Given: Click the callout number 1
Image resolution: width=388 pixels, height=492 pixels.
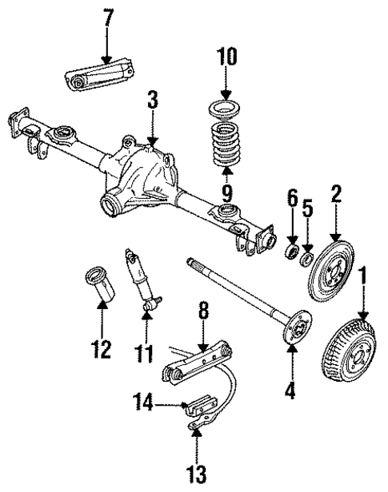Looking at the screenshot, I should (365, 280).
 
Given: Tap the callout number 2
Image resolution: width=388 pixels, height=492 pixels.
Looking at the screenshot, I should (337, 195).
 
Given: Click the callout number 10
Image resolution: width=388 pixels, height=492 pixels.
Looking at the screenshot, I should (226, 58).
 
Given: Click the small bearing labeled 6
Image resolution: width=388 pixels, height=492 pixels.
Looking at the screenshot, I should (294, 252).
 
